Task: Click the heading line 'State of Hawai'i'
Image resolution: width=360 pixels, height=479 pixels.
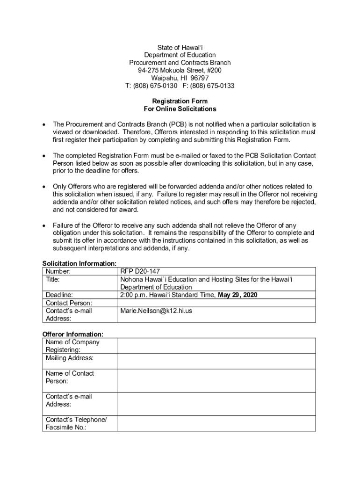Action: click(180, 48)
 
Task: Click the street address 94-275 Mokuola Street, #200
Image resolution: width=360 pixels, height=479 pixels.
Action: click(180, 71)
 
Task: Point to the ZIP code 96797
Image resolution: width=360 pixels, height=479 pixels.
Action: click(200, 78)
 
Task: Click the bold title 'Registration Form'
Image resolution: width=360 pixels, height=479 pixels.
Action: click(180, 102)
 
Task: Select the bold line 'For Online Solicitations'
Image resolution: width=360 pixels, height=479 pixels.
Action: click(180, 109)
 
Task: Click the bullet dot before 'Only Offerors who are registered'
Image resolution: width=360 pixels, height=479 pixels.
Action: click(44, 187)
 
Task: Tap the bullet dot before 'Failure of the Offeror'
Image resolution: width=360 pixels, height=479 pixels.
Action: click(44, 225)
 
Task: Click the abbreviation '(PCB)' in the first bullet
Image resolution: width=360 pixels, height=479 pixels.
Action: click(178, 124)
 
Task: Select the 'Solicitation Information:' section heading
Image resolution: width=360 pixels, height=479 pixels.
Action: click(79, 264)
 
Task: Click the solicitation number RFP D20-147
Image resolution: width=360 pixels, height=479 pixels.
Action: click(140, 272)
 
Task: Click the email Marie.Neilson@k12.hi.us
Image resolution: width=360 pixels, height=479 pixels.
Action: click(156, 311)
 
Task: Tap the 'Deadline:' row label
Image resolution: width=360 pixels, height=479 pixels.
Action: click(59, 295)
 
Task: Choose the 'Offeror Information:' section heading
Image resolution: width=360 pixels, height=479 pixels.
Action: click(73, 334)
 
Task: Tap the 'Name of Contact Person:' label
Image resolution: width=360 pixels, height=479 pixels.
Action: click(70, 377)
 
